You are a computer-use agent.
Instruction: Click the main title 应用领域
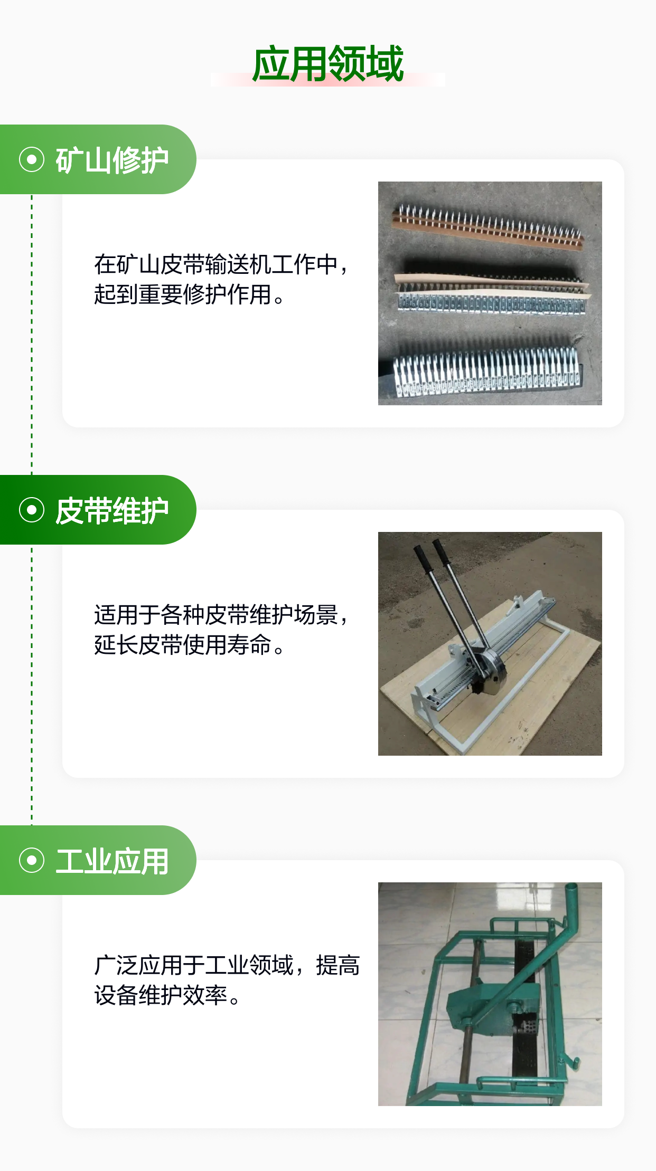coord(328,64)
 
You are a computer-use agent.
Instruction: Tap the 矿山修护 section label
coord(112,160)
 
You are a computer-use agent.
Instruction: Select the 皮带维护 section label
coord(112,510)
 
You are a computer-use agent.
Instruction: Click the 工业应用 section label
coord(112,861)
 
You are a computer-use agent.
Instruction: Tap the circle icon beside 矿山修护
coord(32,159)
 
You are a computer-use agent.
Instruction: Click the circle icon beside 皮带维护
coord(32,510)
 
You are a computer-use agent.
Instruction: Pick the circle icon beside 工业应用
coord(32,860)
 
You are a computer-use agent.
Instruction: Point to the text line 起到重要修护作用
coord(183,294)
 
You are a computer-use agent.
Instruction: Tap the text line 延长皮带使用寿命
coord(183,645)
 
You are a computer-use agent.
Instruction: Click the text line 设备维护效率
coord(161,995)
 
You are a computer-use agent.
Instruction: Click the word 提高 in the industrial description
coord(338,965)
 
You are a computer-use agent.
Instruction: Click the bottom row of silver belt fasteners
coord(486,369)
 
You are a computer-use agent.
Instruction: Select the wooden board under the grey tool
coord(491,686)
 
